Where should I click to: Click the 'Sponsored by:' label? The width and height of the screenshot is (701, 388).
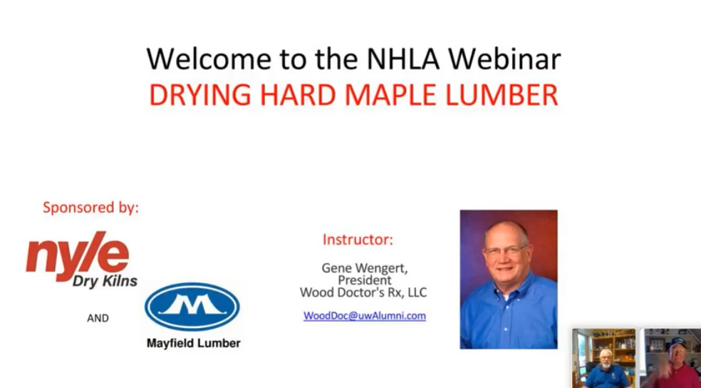click(x=90, y=208)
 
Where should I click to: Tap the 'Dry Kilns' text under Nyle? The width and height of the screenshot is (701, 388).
click(x=105, y=281)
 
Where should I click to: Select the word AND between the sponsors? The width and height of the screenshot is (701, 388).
click(x=98, y=318)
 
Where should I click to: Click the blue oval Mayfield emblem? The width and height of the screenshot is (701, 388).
click(x=192, y=306)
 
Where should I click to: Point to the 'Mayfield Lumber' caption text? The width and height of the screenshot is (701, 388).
click(x=193, y=343)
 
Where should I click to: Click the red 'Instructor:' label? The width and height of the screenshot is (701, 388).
click(x=358, y=240)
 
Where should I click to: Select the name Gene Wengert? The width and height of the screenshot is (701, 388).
click(x=364, y=268)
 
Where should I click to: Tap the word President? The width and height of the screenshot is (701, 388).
click(x=364, y=280)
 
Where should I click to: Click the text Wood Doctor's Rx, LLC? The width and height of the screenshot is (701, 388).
click(x=363, y=292)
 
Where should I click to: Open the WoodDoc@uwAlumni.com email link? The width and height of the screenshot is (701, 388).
click(x=364, y=315)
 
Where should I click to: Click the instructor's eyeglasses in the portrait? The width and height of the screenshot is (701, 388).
click(x=507, y=250)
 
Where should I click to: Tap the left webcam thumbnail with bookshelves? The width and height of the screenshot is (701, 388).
click(x=604, y=358)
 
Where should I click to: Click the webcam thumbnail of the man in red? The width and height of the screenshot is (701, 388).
click(x=671, y=358)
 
